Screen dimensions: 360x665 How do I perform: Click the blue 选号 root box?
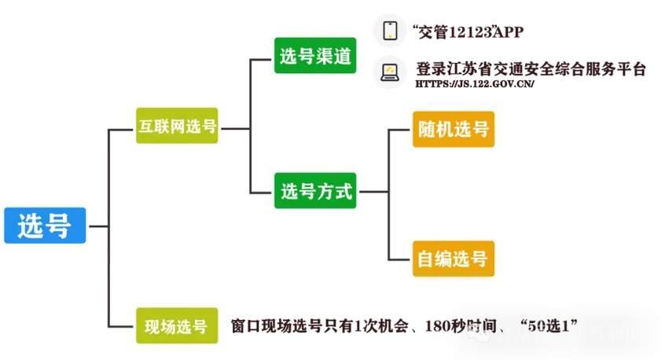coord(44,225)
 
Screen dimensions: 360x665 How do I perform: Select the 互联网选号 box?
coord(177,126)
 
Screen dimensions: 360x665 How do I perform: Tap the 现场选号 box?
coord(176,325)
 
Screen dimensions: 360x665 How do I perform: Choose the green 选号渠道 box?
coord(315,55)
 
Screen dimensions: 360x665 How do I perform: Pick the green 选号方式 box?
coord(315,190)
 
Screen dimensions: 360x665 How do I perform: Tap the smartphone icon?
coord(390,31)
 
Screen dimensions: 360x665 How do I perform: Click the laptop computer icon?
coord(390,72)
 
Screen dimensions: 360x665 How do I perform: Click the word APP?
coord(508,32)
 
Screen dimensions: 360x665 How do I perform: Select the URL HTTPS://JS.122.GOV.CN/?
coord(474,84)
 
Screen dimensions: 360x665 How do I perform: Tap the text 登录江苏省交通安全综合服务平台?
coord(531,68)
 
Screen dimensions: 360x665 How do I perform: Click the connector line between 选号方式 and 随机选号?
coord(388,157)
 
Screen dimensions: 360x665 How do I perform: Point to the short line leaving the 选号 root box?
coord(97,225)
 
